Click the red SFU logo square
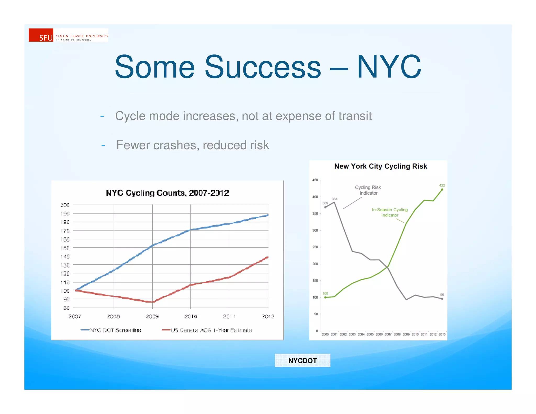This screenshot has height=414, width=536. coord(41,35)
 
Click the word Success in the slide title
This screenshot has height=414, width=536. coord(263,67)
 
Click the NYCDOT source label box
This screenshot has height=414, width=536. coord(302,360)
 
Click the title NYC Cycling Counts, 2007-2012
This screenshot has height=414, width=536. coord(167,193)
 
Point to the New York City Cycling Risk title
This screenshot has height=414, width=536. coord(381,166)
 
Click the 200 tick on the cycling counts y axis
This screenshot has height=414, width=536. coord(65,205)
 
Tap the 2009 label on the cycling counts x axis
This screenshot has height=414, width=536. coord(152,316)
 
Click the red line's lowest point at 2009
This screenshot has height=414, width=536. coord(153,302)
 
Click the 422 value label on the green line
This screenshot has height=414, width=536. coord(442,185)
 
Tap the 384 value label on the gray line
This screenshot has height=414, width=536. coord(334,199)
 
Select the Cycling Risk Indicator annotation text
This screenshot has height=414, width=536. coord(368,190)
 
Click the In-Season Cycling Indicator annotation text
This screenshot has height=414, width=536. coord(390,212)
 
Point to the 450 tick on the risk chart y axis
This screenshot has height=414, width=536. coord(315,180)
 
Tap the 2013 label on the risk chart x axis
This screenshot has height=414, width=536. coord(442,334)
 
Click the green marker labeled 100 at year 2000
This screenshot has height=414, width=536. coord(325,297)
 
